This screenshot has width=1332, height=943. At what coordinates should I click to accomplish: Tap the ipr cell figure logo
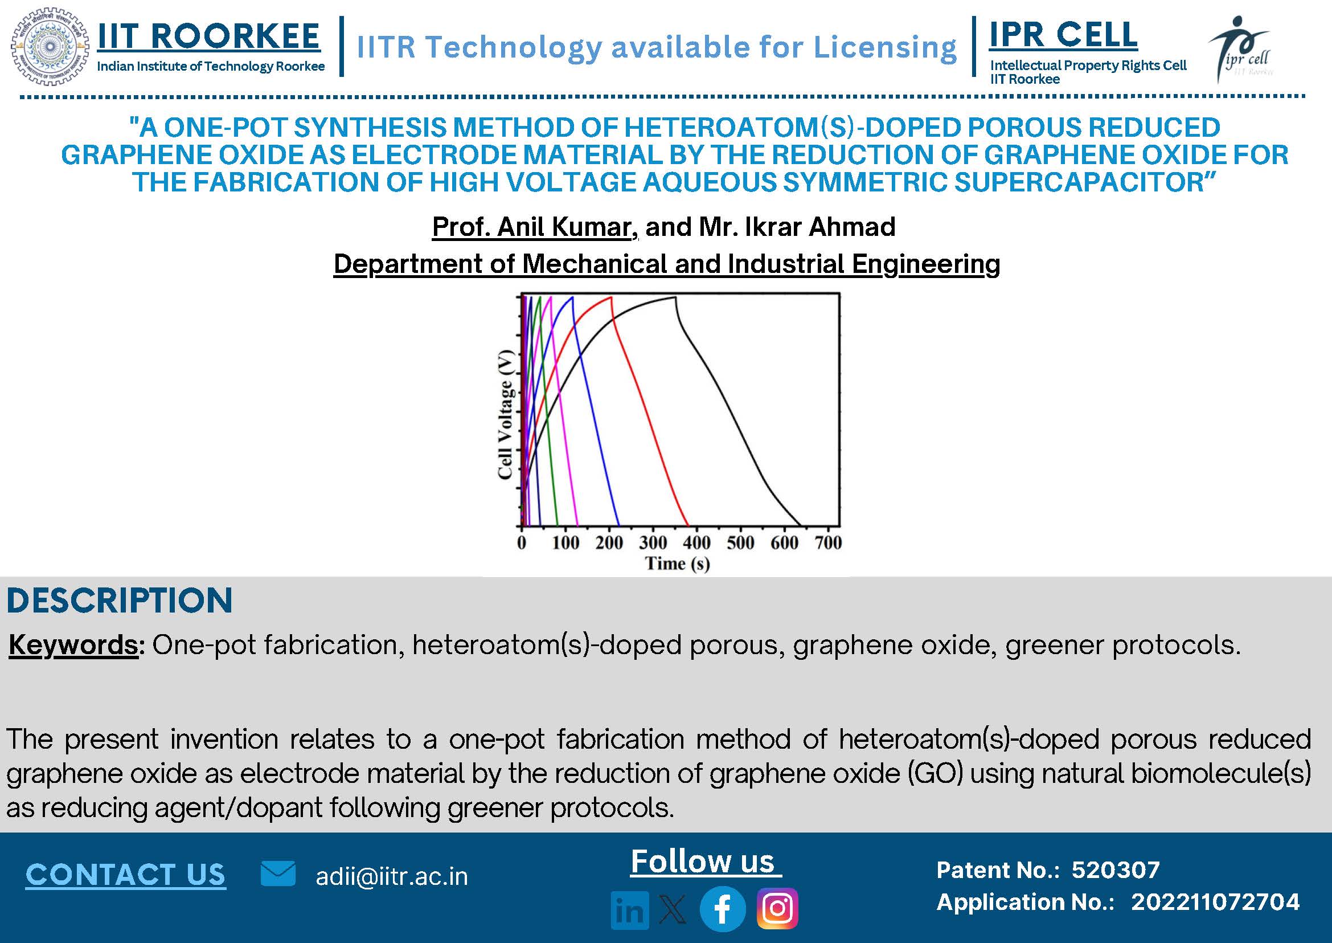click(x=1241, y=49)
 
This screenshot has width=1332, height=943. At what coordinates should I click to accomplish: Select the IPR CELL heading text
click(x=1063, y=34)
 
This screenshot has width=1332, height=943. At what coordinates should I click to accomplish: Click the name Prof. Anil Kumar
click(x=532, y=226)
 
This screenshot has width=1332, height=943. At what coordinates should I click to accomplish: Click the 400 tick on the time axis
click(x=696, y=543)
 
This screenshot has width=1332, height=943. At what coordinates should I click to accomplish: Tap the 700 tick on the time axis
click(x=827, y=543)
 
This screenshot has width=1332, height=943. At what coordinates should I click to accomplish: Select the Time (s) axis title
click(x=677, y=564)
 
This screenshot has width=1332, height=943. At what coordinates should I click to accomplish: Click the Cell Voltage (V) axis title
click(x=506, y=415)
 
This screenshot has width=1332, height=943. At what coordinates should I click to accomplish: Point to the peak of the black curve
click(x=675, y=297)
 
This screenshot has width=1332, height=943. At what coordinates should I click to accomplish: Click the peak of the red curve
click(x=610, y=297)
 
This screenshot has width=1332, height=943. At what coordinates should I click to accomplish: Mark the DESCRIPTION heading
click(x=120, y=601)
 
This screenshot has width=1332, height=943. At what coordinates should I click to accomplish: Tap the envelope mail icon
click(x=278, y=873)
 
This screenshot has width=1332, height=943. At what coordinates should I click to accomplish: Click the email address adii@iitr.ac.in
click(x=392, y=876)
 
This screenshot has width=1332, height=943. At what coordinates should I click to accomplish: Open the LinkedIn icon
click(x=630, y=910)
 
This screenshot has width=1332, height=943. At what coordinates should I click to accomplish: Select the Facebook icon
click(x=723, y=909)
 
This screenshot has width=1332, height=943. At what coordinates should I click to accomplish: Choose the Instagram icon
click(x=777, y=909)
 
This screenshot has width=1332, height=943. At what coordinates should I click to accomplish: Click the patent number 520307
click(x=1116, y=870)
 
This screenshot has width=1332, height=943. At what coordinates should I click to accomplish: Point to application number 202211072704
click(x=1215, y=902)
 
